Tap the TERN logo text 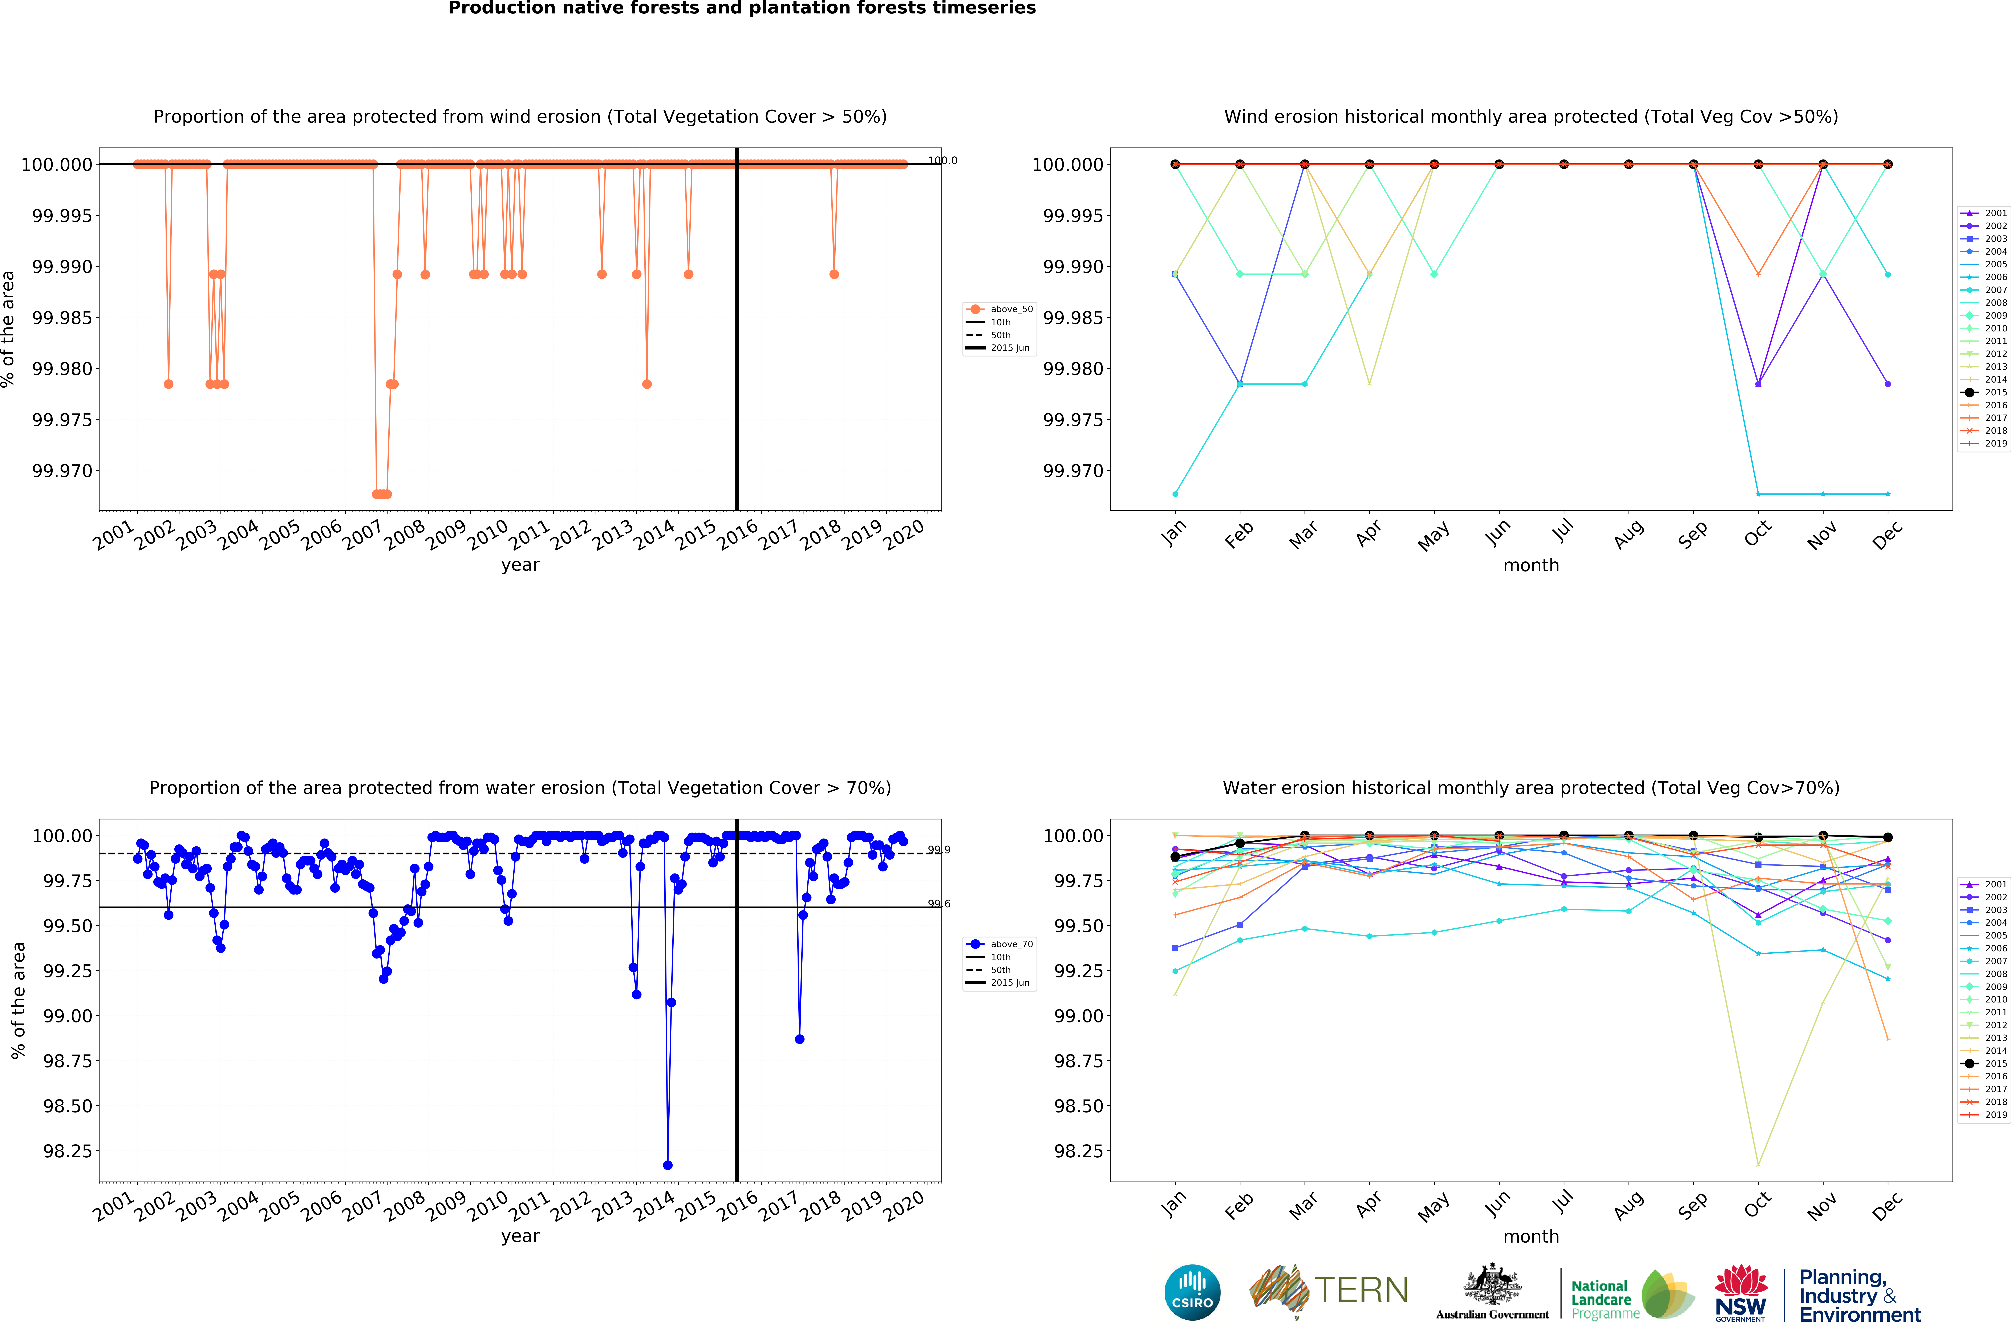coord(1361,1290)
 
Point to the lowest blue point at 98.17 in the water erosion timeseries coord(668,1165)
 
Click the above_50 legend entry coord(1000,309)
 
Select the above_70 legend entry coord(1000,944)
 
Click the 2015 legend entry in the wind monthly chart coord(1984,393)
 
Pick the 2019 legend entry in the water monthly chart coord(1984,1114)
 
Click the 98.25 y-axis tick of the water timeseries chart coord(68,1151)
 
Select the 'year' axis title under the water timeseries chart coord(520,1236)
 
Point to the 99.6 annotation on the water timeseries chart coord(938,903)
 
